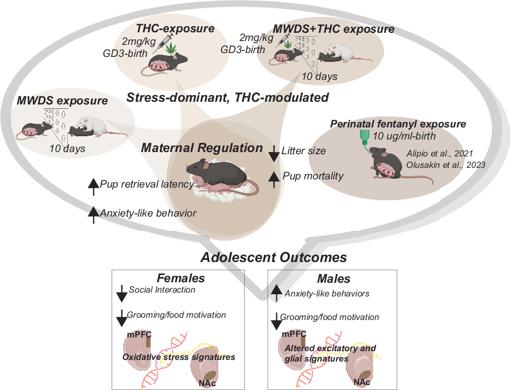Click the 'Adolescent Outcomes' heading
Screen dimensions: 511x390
click(x=274, y=258)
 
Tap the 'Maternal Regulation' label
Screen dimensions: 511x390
click(x=202, y=148)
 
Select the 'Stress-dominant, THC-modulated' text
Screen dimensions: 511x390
click(x=228, y=97)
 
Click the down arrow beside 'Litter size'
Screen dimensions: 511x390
click(x=274, y=153)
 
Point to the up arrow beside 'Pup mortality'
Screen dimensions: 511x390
click(x=274, y=179)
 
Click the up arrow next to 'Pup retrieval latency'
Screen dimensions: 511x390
click(x=94, y=187)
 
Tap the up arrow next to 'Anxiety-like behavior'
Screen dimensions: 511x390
click(x=94, y=215)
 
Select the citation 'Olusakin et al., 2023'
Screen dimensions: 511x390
click(x=445, y=165)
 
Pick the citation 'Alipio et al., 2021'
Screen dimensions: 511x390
click(x=440, y=154)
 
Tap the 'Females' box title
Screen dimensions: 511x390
click(x=181, y=278)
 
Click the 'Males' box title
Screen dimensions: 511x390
click(x=334, y=279)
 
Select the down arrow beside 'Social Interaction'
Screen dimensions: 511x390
click(x=121, y=293)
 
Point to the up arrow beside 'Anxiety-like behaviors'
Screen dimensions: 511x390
click(x=277, y=293)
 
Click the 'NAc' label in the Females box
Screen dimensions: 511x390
click(x=207, y=383)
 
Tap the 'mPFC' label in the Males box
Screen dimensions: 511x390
click(x=294, y=334)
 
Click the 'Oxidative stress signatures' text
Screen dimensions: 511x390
click(x=178, y=357)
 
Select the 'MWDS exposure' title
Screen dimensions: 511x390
click(x=62, y=101)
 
